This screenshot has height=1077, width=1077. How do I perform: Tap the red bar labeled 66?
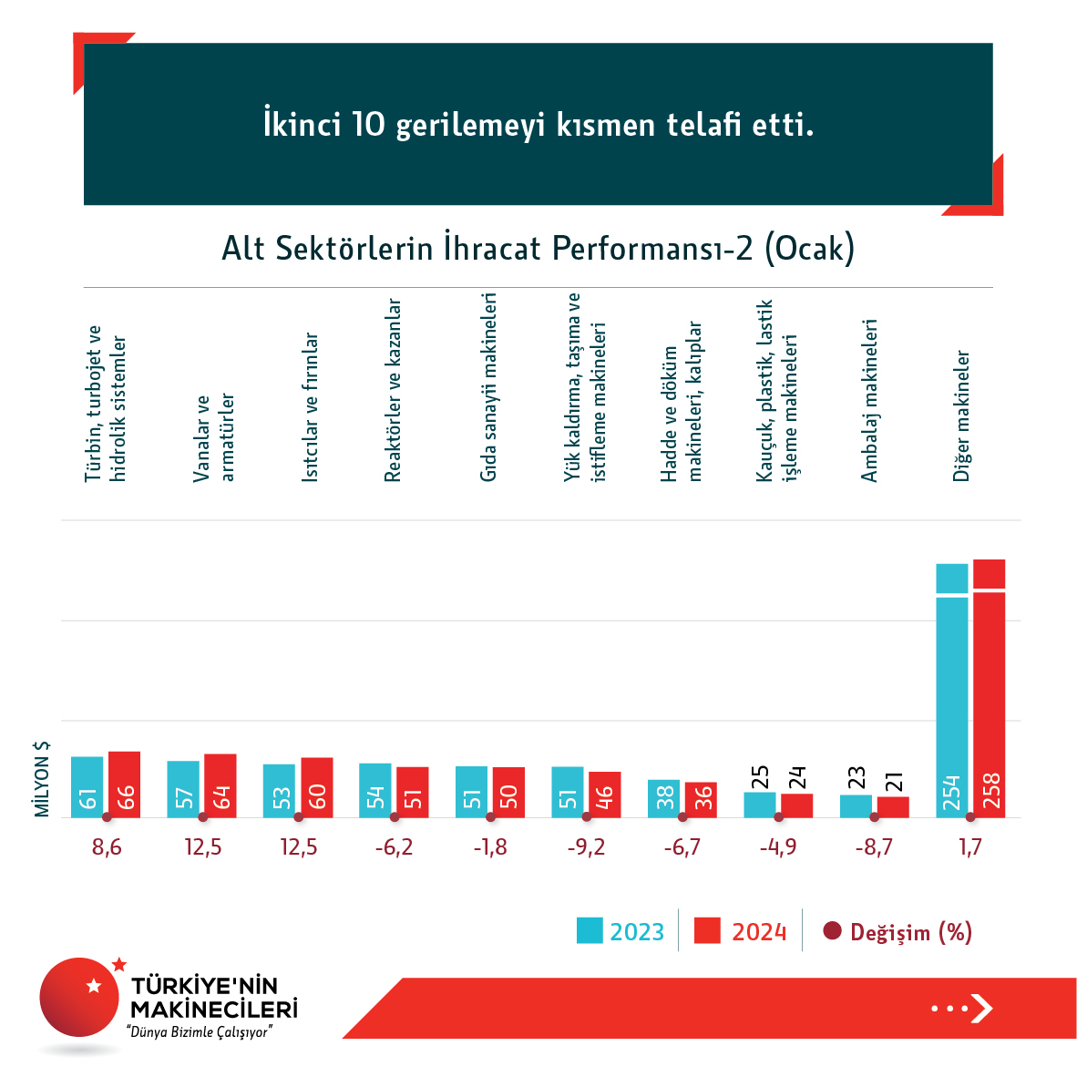tap(124, 785)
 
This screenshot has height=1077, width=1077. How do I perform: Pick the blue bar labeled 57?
tap(183, 789)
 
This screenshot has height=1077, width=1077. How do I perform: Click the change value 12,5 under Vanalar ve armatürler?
tap(202, 847)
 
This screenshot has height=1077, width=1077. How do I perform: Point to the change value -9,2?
tap(586, 847)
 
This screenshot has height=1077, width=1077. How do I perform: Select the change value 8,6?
tap(107, 847)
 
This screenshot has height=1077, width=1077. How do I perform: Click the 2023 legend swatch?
tap(590, 930)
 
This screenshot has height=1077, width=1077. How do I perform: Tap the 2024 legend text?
tap(759, 932)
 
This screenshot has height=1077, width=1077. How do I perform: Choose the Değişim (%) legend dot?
tap(832, 931)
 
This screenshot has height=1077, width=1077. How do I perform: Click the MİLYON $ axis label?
tap(42, 779)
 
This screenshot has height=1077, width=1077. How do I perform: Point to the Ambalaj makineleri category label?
tap(869, 400)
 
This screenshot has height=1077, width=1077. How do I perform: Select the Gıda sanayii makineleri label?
tap(488, 387)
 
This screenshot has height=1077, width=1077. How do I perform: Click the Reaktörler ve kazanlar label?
tap(393, 390)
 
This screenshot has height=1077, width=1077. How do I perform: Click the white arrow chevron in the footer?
tap(981, 1008)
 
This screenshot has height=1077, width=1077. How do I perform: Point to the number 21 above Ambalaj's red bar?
tap(893, 782)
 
